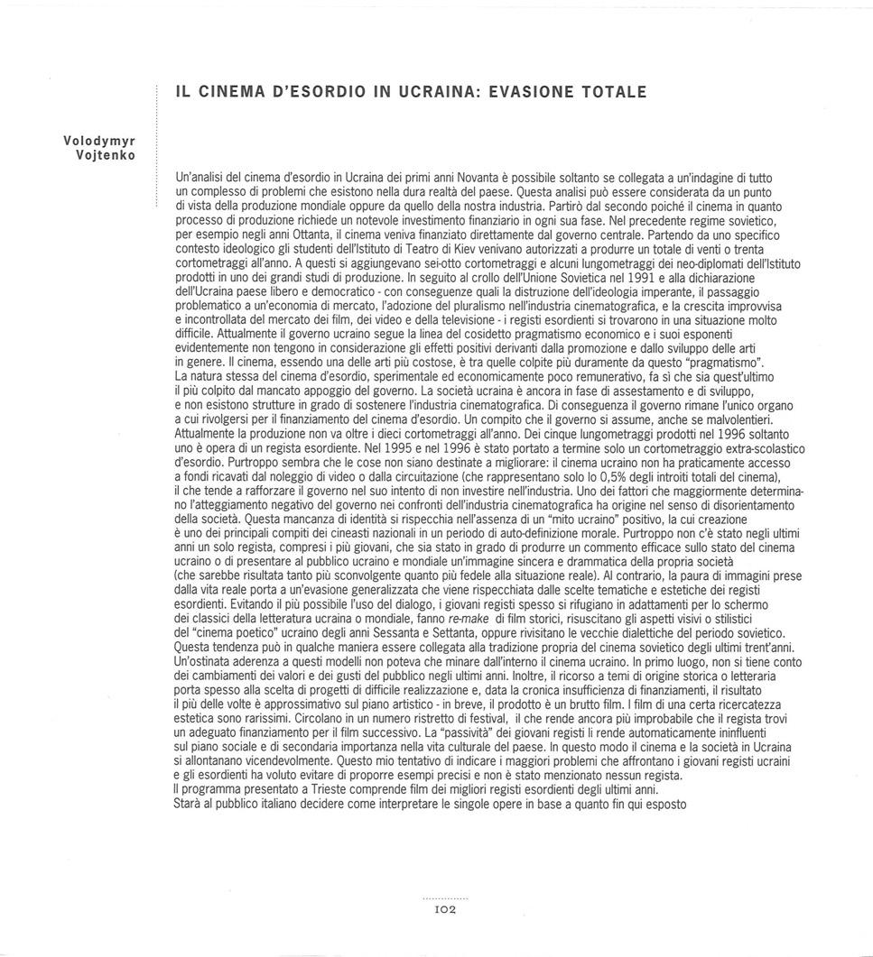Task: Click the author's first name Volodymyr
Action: click(x=99, y=142)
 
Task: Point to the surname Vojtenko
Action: click(x=107, y=155)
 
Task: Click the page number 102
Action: click(x=446, y=911)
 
